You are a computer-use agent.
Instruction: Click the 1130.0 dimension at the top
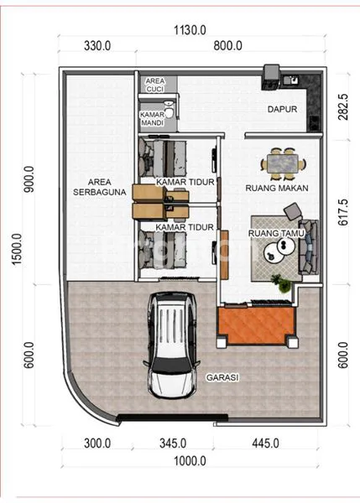[x=190, y=29]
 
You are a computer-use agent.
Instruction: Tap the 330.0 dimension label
[x=98, y=46]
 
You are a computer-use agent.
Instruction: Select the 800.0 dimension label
[x=227, y=46]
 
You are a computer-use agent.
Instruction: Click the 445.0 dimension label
[x=264, y=443]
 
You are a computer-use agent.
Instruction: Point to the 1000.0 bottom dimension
[x=190, y=460]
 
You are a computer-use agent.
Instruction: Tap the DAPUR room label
[x=282, y=109]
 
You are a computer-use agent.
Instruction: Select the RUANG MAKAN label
[x=276, y=189]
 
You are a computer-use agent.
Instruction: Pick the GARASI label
[x=222, y=377]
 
